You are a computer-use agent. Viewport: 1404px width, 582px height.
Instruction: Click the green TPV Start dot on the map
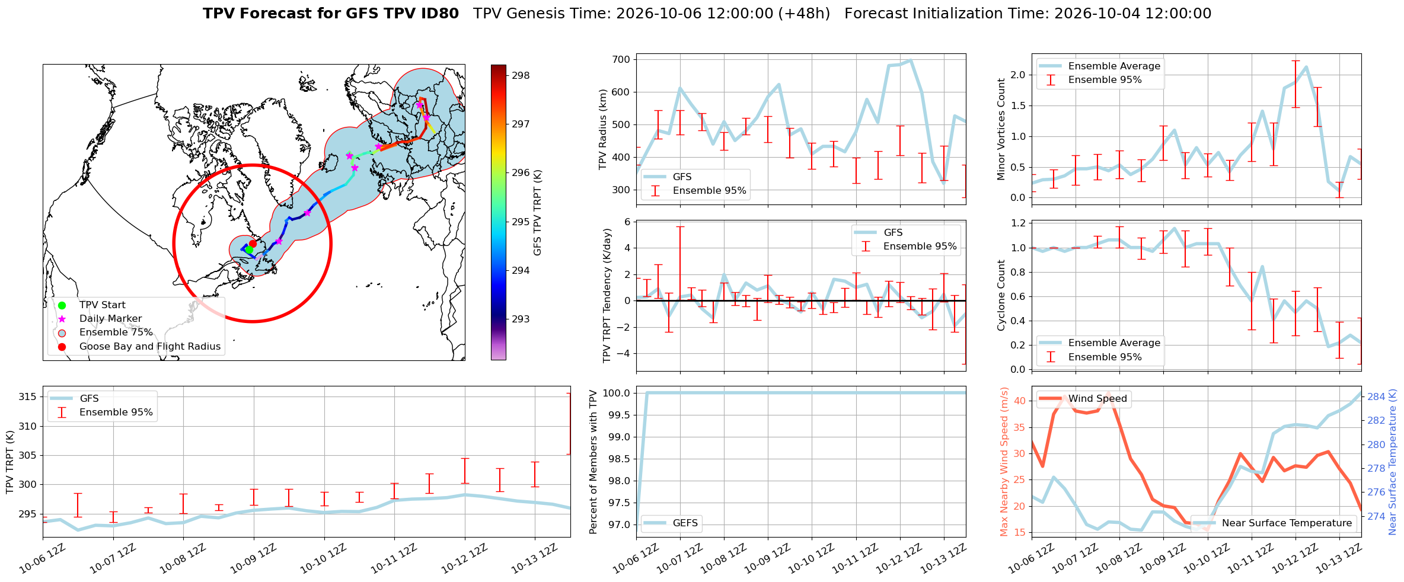249,250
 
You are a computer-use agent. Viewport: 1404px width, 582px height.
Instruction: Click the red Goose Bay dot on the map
253,244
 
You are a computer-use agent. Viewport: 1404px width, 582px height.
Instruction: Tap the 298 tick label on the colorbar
521,75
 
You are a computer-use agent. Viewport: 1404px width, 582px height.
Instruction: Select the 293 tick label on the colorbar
521,319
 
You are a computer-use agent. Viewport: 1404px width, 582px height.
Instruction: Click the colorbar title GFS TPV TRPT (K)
538,213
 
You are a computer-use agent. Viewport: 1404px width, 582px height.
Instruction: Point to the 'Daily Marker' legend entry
111,318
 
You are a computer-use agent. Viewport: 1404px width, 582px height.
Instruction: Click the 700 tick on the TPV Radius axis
621,59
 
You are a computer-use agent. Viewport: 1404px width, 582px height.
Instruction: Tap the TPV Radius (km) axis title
603,129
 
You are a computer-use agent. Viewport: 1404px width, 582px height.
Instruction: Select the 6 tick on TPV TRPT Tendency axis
627,222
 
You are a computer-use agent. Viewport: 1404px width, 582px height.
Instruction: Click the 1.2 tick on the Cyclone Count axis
1017,223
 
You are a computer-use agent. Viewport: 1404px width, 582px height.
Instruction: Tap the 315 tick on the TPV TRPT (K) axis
27,396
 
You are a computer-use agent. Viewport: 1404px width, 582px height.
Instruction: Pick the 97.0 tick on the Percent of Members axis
617,525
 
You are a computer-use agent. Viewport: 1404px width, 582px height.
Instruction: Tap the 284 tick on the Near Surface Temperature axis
1376,396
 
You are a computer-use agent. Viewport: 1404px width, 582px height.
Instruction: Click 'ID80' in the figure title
438,14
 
